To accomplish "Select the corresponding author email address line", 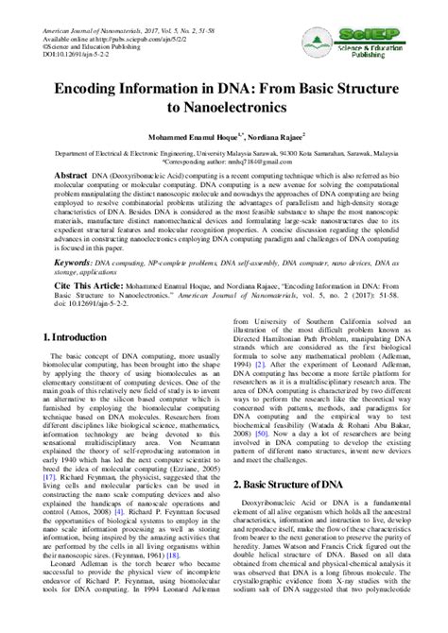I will pos(223,161).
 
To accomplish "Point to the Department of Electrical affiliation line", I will pos(223,150).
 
